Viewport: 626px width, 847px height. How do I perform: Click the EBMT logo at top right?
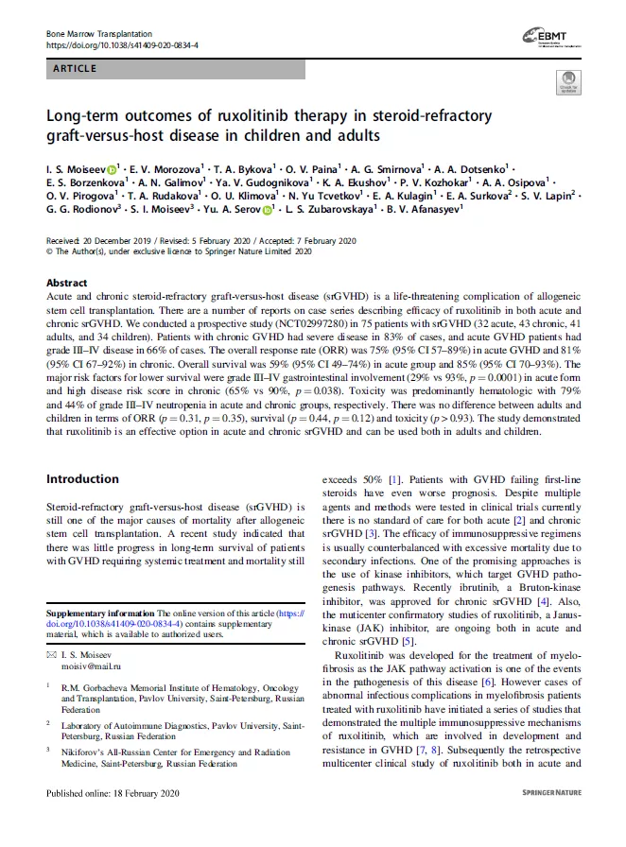(x=548, y=39)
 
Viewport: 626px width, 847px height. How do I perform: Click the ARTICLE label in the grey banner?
(x=75, y=69)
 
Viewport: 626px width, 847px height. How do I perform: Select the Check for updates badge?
(x=567, y=82)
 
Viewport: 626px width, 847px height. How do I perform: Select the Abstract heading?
(x=66, y=283)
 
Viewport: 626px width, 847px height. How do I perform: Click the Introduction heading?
(x=82, y=478)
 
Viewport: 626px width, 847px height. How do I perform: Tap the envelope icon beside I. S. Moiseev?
(x=51, y=654)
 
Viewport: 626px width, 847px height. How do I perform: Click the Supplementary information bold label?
(x=100, y=613)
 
